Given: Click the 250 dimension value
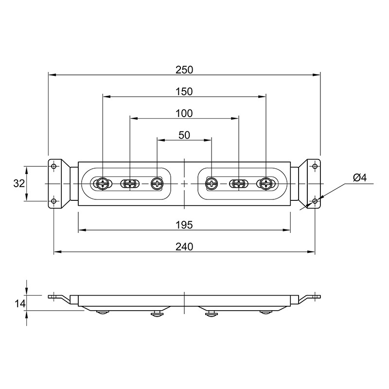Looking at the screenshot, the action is coord(184,70).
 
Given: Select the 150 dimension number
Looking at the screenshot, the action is coord(184,92).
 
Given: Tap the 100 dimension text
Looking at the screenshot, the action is coord(184,114).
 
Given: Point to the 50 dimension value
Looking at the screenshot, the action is coord(184,135).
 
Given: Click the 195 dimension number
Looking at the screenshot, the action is coord(184,225).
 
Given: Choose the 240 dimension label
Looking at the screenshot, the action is coord(184,247).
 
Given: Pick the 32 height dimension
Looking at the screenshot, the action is coord(19,184).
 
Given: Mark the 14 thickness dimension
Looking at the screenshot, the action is coord(20,303).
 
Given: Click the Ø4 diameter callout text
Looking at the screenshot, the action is coord(359,177).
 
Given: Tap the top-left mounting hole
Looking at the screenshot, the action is coord(54,166).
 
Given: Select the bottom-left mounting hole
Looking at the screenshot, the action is coord(54,201).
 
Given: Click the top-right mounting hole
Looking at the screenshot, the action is coord(315,166).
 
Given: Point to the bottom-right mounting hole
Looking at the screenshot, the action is coord(315,201).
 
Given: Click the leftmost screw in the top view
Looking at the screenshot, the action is coord(103,184).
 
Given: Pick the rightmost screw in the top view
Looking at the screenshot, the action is coord(265,184).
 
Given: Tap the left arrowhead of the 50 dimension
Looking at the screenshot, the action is coord(161,140).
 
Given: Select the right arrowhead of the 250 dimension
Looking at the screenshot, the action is coord(317,75).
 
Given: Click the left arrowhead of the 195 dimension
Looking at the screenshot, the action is coord(82,230).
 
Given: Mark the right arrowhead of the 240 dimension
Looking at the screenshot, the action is coord(311,252).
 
